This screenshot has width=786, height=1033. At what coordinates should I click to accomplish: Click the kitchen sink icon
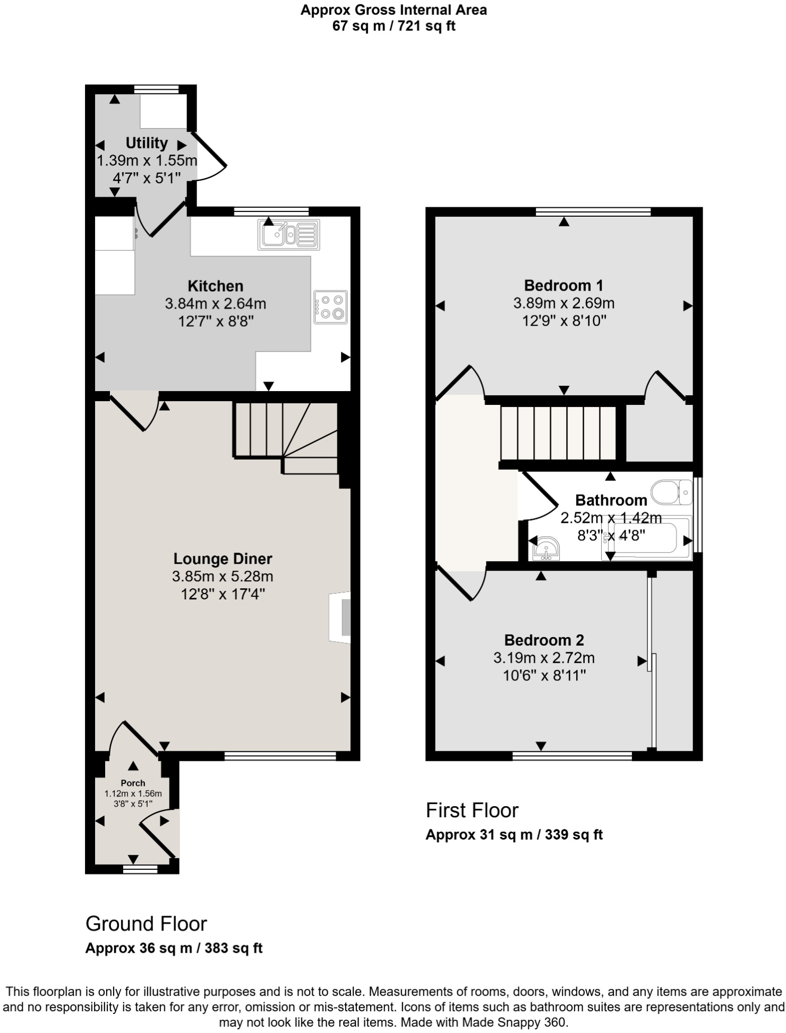pos(288,234)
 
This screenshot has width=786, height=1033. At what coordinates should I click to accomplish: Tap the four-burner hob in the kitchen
pos(330,307)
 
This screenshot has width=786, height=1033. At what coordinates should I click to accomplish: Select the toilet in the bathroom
pos(671,492)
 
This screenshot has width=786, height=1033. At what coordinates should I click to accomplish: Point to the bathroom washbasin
pos(545,549)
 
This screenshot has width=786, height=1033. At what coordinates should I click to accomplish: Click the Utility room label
pos(147,143)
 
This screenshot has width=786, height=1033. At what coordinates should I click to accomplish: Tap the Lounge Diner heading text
pos(223,558)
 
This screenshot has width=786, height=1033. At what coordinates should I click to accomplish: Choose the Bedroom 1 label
pos(563,285)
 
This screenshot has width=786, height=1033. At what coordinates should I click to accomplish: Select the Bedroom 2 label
pos(544,640)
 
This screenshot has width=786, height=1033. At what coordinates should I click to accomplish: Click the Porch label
pos(133,783)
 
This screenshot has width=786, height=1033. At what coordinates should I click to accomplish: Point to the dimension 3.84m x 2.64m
pos(216,304)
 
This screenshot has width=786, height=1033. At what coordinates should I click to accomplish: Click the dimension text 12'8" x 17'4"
pos(223,594)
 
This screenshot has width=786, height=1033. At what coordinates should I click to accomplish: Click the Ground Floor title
pos(146,924)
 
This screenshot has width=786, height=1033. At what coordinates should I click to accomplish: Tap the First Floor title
pos(472,810)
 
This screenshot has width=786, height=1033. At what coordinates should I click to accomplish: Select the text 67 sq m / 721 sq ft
pos(394,26)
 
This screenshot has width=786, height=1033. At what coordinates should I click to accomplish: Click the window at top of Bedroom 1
pos(593,212)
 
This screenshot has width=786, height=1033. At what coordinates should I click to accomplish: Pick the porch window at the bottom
pos(140,869)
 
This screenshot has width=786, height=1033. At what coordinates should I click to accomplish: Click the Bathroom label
pos(611,500)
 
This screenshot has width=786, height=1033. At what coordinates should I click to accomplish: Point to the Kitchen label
pos(216,286)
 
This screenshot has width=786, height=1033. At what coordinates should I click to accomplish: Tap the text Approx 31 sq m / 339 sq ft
pos(514,835)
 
